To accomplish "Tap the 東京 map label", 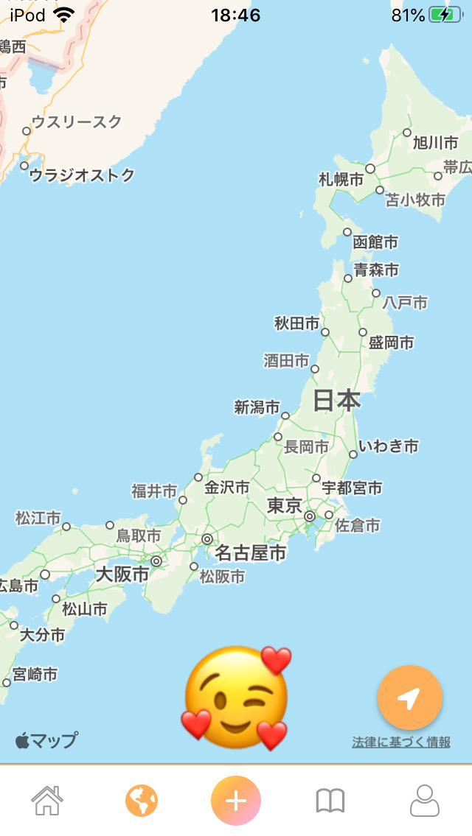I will [x=285, y=506].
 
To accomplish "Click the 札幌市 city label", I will [x=341, y=179].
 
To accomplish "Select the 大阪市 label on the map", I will [x=122, y=574].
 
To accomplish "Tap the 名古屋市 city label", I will [x=251, y=552].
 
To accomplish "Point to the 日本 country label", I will [x=337, y=400].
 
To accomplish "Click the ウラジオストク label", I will [x=82, y=175].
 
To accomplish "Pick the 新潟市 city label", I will [x=257, y=407].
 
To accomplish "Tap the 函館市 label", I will [x=375, y=242].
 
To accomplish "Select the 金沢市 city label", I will [x=226, y=487].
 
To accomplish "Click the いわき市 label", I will [x=389, y=446].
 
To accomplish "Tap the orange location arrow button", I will [x=409, y=698].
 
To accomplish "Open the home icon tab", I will [x=46, y=800].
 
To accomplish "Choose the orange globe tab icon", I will [x=142, y=800].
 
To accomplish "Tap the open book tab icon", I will [x=330, y=801].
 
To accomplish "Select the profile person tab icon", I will [x=424, y=800].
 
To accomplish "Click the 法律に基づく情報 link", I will [x=401, y=742].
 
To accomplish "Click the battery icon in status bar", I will [x=445, y=15].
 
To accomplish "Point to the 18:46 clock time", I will [x=235, y=15].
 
